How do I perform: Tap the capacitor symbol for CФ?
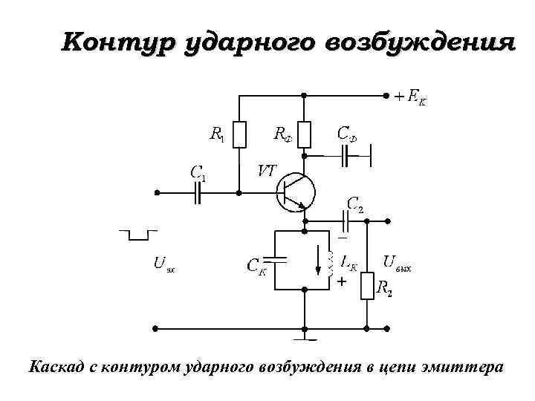click(347, 156)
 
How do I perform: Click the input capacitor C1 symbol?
click(198, 192)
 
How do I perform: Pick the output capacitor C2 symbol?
click(347, 221)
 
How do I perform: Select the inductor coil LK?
click(331, 265)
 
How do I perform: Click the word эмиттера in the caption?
click(464, 367)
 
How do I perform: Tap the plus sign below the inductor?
click(341, 283)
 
